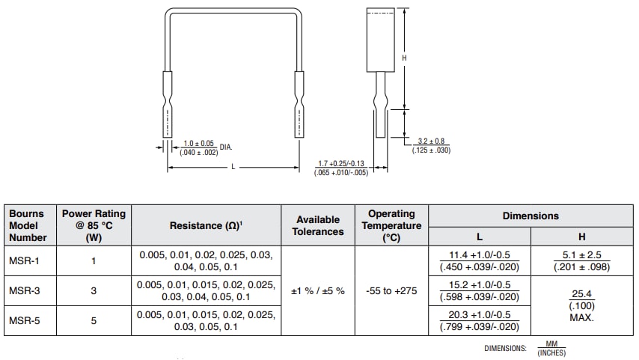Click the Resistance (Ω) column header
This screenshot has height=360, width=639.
click(206, 225)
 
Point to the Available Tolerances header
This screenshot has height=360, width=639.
click(319, 225)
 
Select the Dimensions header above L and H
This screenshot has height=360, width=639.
click(531, 216)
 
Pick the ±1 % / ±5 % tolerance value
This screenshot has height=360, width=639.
click(319, 290)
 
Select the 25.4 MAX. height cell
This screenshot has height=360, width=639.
click(581, 305)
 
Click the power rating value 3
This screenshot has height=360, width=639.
click(94, 290)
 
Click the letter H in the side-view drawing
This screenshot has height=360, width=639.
click(404, 58)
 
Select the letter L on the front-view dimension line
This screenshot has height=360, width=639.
click(233, 167)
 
